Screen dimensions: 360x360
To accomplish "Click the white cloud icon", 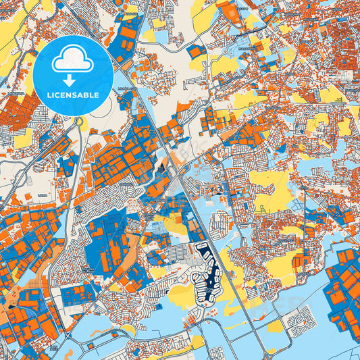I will point(70,60).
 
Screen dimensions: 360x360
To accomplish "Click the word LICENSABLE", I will point(70,95).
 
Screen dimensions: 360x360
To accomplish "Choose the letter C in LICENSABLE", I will point(54,95).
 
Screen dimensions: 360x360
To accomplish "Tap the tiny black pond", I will point(11,308).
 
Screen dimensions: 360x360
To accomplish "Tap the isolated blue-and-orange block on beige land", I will point(197,51).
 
